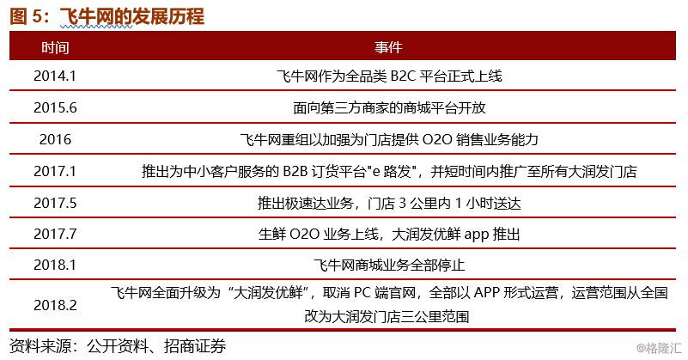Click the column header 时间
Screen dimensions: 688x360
(x=55, y=47)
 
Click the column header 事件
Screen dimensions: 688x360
(x=388, y=47)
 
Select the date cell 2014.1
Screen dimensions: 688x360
(x=55, y=76)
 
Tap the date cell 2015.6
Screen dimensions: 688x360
(x=55, y=107)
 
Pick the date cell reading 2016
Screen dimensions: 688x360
(x=55, y=139)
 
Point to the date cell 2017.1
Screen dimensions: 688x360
(x=55, y=171)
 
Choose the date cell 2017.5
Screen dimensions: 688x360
(x=55, y=203)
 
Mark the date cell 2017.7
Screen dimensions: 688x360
(x=55, y=234)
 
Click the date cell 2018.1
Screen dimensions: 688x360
(x=55, y=265)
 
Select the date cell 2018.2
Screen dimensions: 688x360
(x=55, y=305)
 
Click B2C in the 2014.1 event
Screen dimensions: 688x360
(x=402, y=76)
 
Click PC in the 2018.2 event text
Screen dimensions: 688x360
(x=362, y=293)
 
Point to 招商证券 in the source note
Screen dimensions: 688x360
(x=195, y=346)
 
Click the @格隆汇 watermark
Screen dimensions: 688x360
(x=659, y=348)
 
